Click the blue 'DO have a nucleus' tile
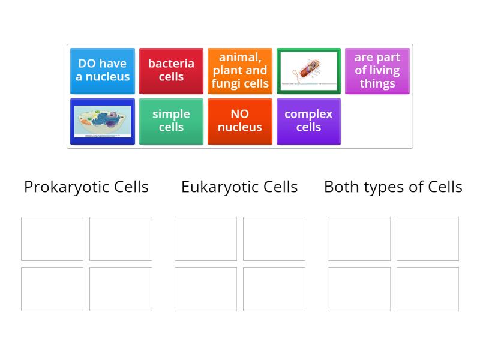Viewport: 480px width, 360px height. pyautogui.click(x=103, y=71)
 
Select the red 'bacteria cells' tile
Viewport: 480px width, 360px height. pyautogui.click(x=171, y=71)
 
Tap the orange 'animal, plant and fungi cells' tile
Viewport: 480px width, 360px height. pyautogui.click(x=240, y=71)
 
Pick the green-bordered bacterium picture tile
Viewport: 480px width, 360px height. pyautogui.click(x=308, y=71)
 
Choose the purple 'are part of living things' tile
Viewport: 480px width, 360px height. pyautogui.click(x=377, y=71)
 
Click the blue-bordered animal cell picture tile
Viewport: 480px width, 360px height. pyautogui.click(x=103, y=121)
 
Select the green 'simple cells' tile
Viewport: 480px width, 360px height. pyautogui.click(x=171, y=121)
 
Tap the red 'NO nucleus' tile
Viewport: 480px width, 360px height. pyautogui.click(x=240, y=121)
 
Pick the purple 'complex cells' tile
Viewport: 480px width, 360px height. pyautogui.click(x=308, y=121)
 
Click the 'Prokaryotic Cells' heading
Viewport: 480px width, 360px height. pyautogui.click(x=86, y=187)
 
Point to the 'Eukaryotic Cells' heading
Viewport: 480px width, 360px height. pyautogui.click(x=239, y=187)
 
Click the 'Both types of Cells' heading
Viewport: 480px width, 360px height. pyautogui.click(x=393, y=187)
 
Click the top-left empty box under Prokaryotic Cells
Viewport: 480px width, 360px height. pyautogui.click(x=52, y=239)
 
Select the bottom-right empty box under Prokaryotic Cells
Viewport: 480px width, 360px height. pyautogui.click(x=121, y=289)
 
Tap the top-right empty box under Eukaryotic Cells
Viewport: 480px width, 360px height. pyautogui.click(x=274, y=239)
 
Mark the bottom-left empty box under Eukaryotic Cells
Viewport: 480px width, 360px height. pyautogui.click(x=206, y=289)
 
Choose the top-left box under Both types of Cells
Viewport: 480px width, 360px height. pyautogui.click(x=359, y=239)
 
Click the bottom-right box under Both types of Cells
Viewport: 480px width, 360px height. pyautogui.click(x=428, y=289)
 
